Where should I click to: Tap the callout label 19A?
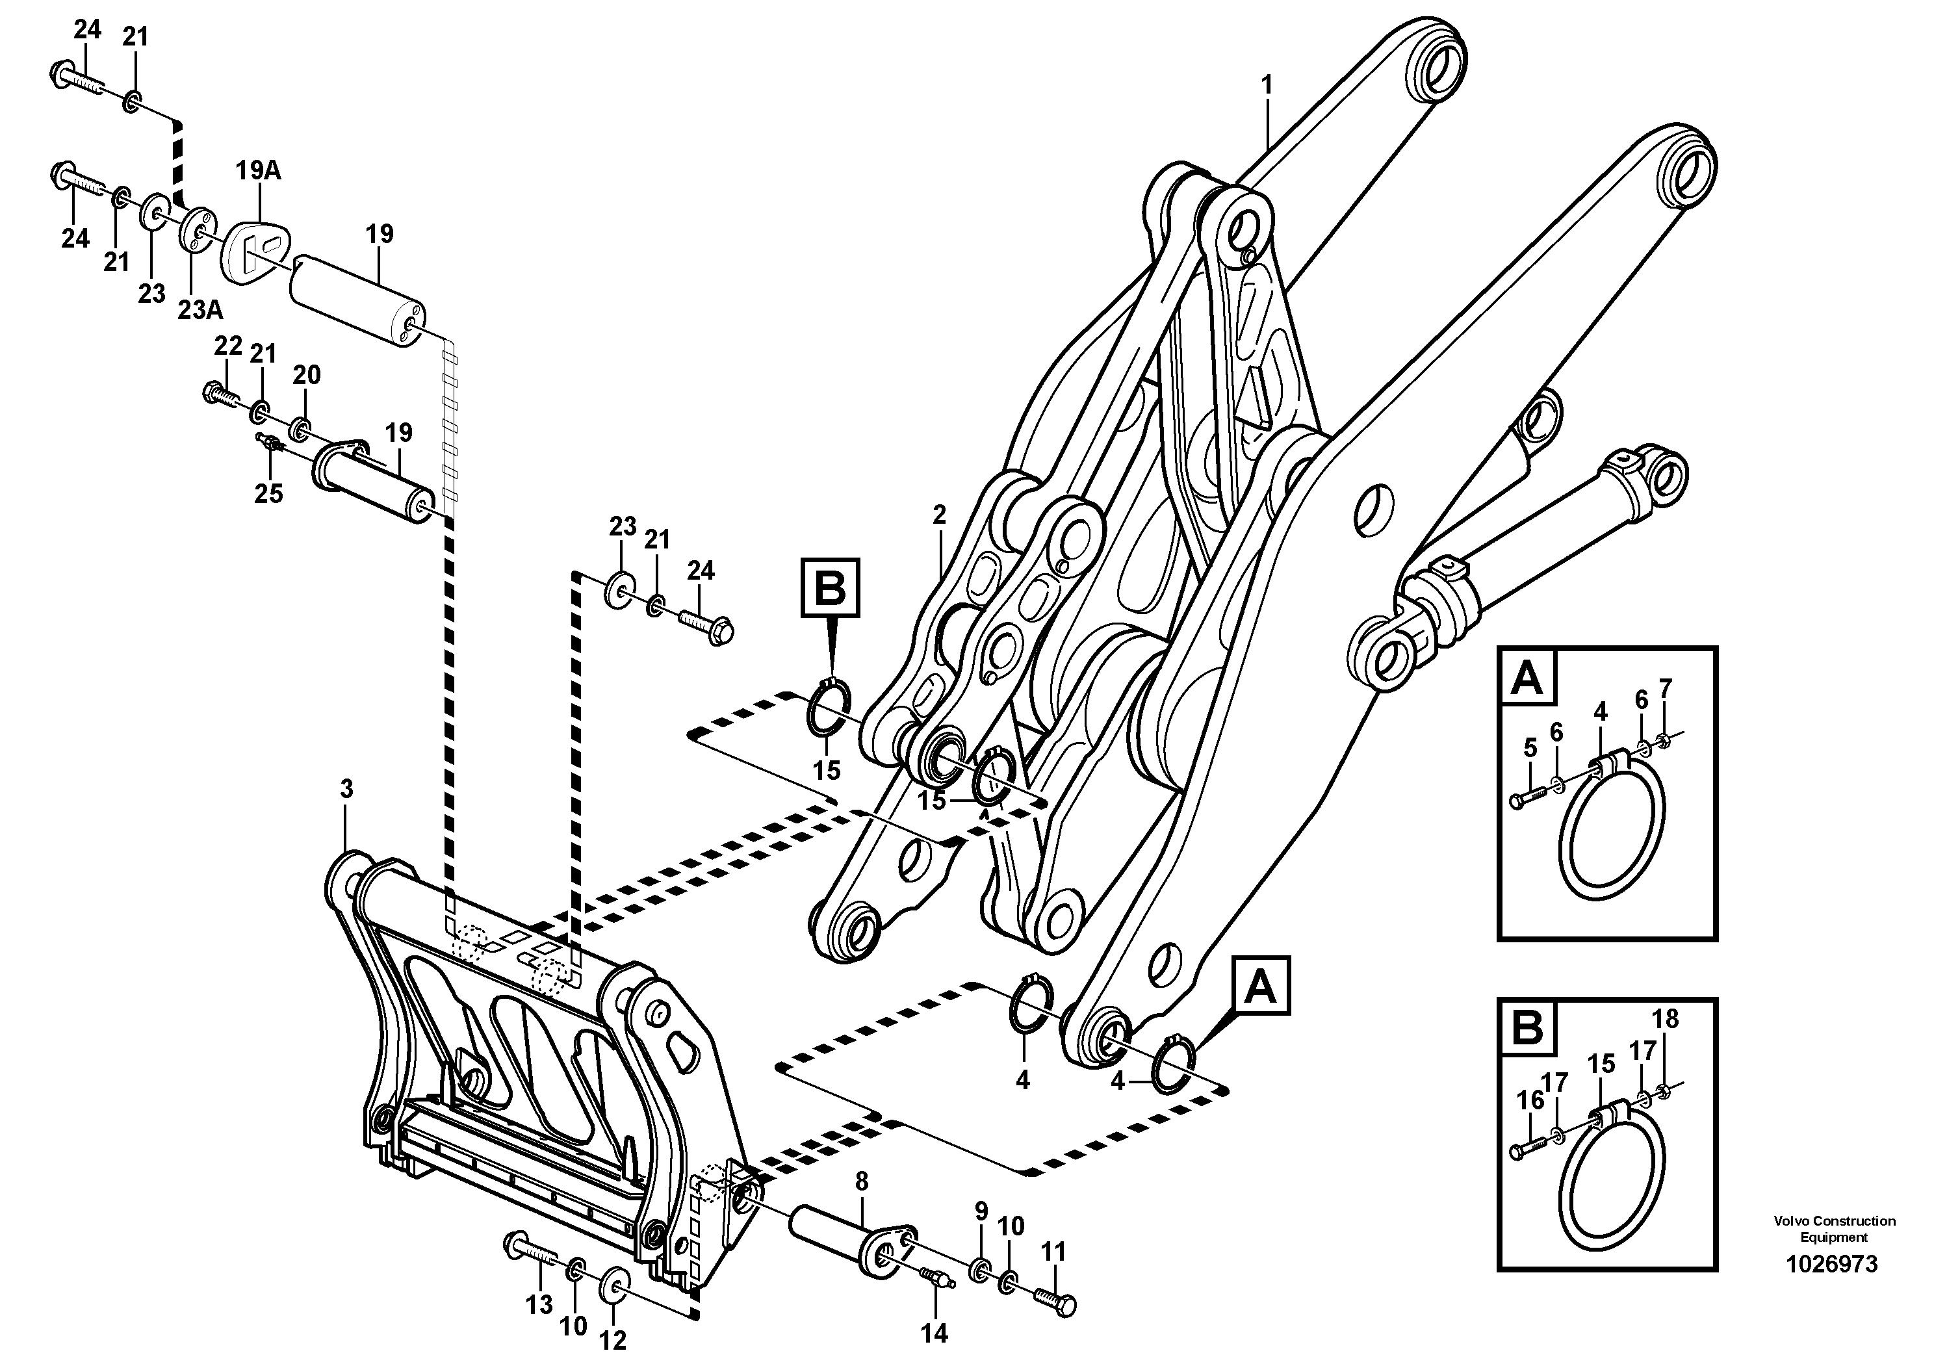click(258, 171)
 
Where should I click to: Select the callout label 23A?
click(200, 310)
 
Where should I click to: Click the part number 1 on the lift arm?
click(1266, 85)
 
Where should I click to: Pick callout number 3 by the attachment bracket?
click(346, 789)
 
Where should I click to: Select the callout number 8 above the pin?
click(861, 1181)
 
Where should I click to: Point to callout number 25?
click(268, 493)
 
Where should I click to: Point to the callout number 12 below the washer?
click(613, 1339)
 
